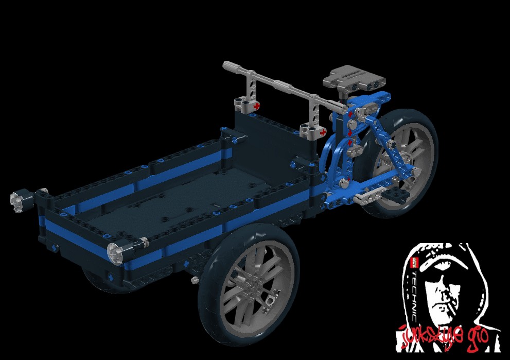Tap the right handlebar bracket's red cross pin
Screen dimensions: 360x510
coord(323,132)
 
